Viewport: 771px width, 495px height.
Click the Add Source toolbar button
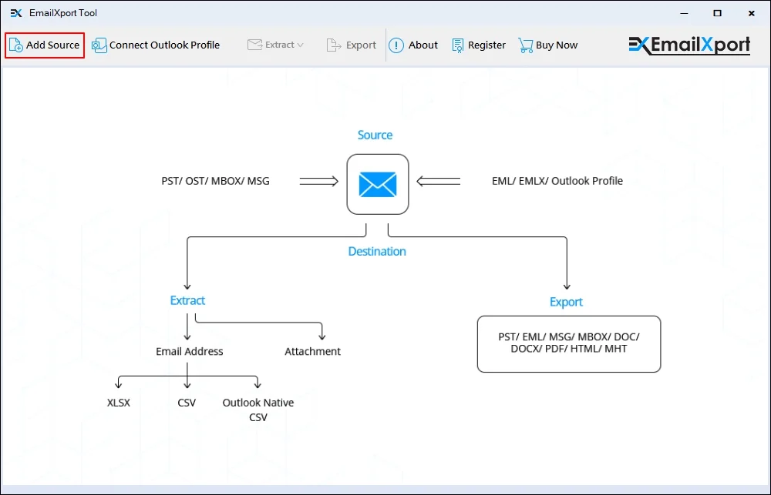[x=45, y=45]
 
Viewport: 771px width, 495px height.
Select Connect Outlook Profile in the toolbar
[x=156, y=45]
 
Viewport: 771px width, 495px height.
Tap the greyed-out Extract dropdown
[x=275, y=45]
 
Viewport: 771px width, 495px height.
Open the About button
[x=413, y=45]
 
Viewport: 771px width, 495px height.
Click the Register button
[x=479, y=45]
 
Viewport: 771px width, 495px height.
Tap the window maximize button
[x=717, y=13]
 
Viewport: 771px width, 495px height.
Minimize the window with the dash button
[x=682, y=13]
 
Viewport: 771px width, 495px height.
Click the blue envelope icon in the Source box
[x=377, y=184]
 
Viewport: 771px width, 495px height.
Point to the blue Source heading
[x=375, y=135]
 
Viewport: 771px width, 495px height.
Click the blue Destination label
[x=377, y=251]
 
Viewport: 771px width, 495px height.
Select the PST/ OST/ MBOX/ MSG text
[x=215, y=181]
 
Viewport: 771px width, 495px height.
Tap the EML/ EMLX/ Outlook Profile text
[x=557, y=181]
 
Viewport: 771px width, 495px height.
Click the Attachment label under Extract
[x=312, y=351]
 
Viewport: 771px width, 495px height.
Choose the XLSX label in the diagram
[x=119, y=402]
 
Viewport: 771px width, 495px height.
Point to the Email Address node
[x=190, y=351]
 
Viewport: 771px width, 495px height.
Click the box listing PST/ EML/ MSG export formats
[x=569, y=343]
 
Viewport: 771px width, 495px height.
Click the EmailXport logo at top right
[x=689, y=45]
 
